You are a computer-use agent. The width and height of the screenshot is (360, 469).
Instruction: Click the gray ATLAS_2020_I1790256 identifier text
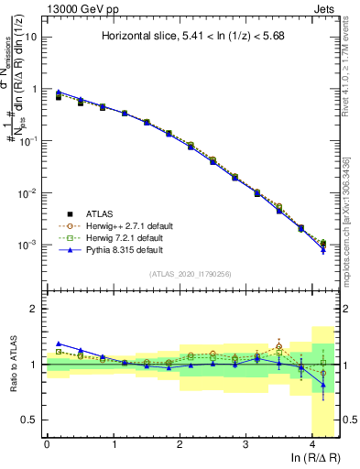[191, 274]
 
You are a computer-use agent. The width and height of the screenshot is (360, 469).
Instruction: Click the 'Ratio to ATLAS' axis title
[16, 364]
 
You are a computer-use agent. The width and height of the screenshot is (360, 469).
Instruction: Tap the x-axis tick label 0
[47, 444]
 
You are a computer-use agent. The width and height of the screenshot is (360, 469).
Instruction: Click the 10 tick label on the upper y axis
[31, 37]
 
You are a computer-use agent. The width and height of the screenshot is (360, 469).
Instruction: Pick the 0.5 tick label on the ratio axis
[30, 420]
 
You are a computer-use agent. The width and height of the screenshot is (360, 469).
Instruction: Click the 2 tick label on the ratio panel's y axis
[35, 310]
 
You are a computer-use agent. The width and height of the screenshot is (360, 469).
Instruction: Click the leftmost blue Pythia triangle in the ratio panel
[59, 344]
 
